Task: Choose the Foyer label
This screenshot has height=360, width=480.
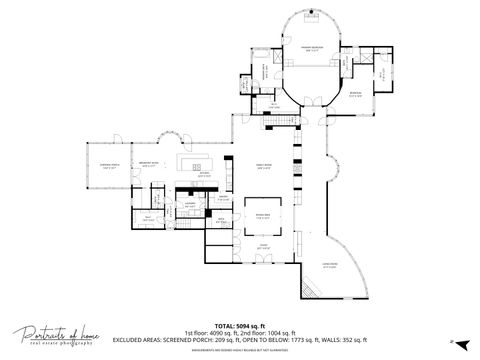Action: coord(264,246)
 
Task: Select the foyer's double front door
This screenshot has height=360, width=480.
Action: coord(264,262)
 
